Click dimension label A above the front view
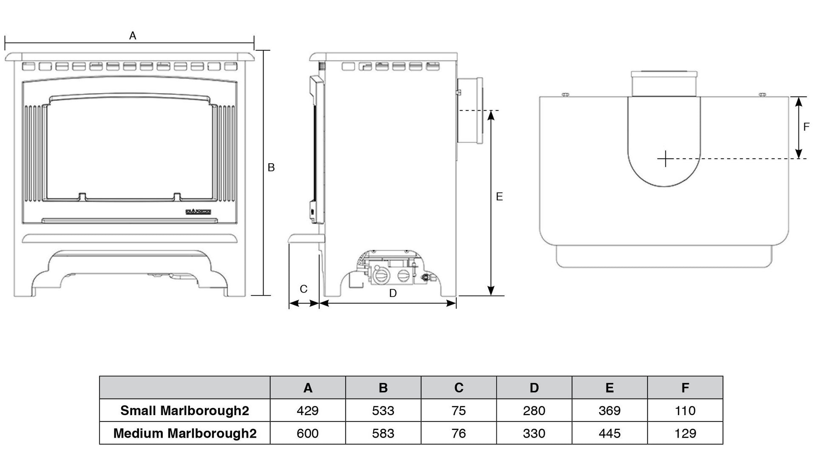pos(133,36)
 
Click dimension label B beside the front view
pos(271,168)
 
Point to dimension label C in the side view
pos(303,289)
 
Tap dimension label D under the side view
pos(393,293)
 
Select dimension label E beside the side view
pos(499,196)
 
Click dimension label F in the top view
pos(806,127)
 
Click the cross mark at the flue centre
pos(665,159)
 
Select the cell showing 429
pos(308,410)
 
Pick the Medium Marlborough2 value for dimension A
pos(308,433)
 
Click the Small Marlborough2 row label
pos(184,410)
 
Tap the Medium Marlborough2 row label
pos(184,433)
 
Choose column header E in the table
pos(609,387)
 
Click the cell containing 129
pos(685,433)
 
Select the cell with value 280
pos(534,410)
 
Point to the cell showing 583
pos(383,433)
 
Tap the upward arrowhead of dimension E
pos(491,115)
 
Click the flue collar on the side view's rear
pos(469,111)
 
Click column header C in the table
pos(459,387)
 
